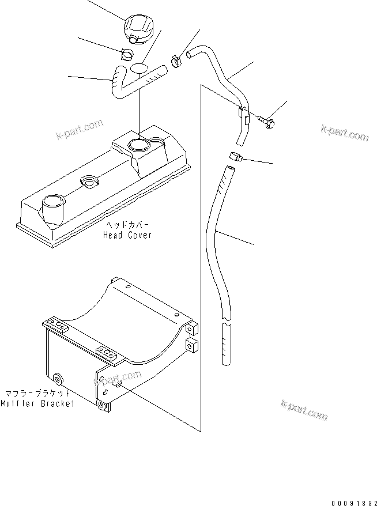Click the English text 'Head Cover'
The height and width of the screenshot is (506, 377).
coord(127,235)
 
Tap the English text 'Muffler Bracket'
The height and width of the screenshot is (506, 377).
coord(37,404)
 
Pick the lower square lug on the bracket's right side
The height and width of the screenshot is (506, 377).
coord(192,347)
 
